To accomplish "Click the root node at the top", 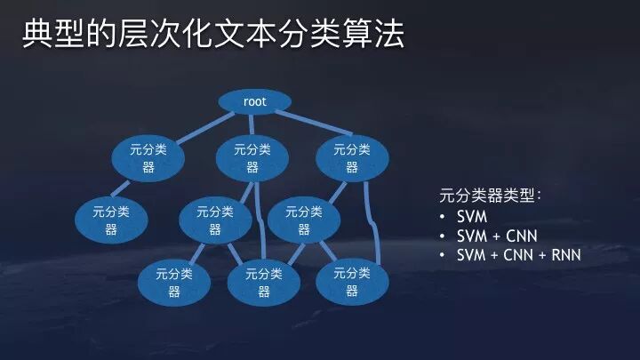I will [x=255, y=101].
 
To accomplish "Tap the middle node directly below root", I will [x=252, y=158].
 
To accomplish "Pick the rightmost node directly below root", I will [x=352, y=158].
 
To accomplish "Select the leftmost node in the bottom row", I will [x=174, y=281].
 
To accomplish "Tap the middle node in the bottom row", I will [x=264, y=281].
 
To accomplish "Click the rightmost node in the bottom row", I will [x=352, y=281].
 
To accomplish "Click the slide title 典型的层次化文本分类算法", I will [x=212, y=35].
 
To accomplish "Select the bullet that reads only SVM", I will [x=472, y=217].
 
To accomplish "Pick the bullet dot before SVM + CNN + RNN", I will [x=443, y=255].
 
